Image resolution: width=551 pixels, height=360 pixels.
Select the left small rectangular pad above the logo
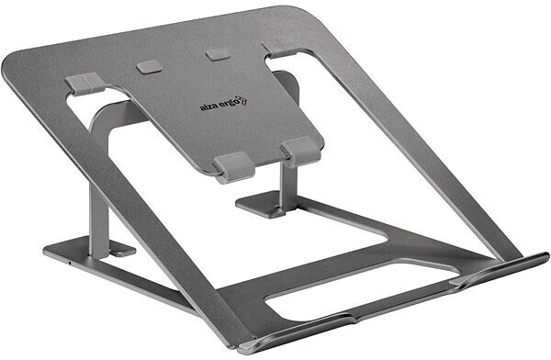pos(148,67)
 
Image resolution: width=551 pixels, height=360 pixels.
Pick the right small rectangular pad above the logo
pos(218,53)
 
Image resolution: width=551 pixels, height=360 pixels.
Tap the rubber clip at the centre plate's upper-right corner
pos(273,48)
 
